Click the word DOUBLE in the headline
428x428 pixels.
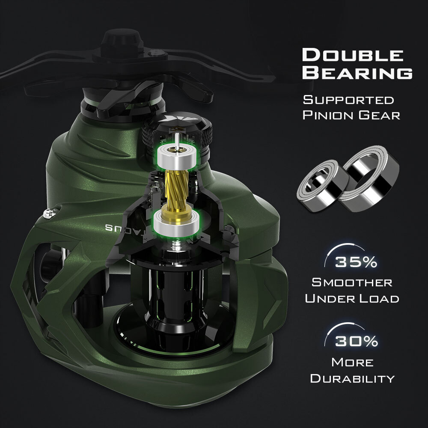[352, 55]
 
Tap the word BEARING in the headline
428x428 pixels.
[357, 73]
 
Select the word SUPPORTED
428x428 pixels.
[348, 100]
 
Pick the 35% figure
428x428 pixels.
[356, 262]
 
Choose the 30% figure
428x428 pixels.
[356, 341]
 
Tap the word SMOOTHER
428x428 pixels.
[352, 282]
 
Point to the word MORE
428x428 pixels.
[352, 362]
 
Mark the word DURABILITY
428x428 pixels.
[352, 378]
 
